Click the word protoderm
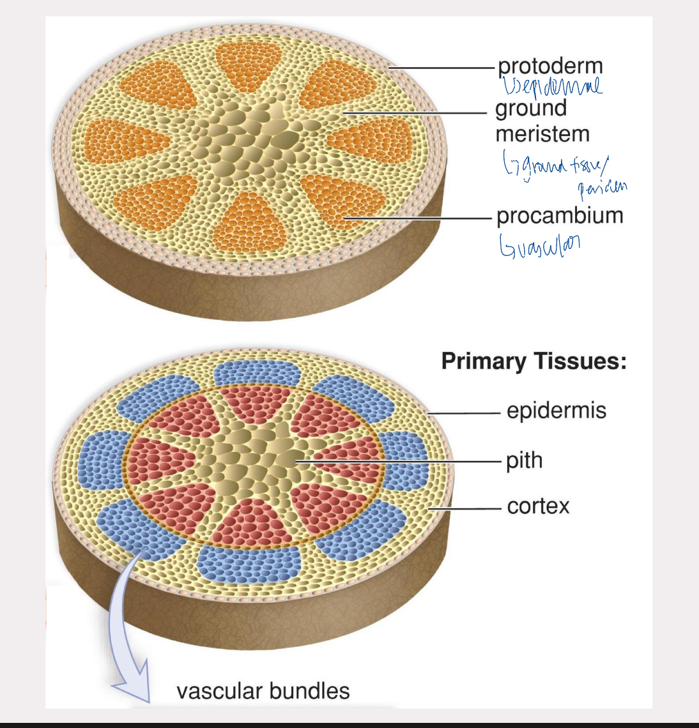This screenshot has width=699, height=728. (x=549, y=66)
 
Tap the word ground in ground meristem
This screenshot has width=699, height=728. (x=530, y=108)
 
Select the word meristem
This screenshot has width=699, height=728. (x=542, y=134)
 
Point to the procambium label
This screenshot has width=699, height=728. (x=559, y=216)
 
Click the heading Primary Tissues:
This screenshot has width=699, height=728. (x=534, y=361)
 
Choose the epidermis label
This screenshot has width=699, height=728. (x=556, y=410)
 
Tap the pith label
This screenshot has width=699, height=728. (x=524, y=460)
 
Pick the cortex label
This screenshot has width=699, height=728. (x=538, y=506)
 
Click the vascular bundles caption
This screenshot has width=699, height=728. (x=263, y=691)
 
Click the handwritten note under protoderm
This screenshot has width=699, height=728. (x=552, y=86)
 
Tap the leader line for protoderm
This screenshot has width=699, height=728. (x=441, y=67)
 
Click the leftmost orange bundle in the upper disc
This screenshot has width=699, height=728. (x=121, y=140)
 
